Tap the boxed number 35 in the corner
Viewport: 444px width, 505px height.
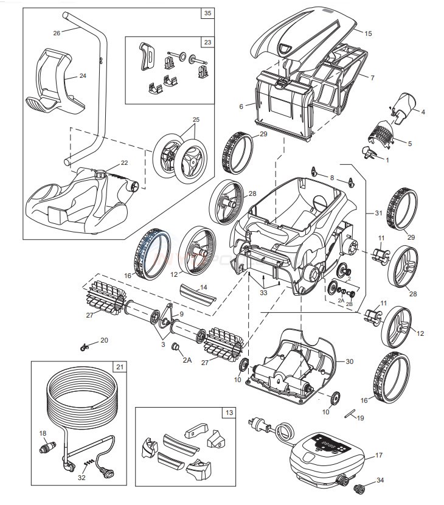tap(208, 12)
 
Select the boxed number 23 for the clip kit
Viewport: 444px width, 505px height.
tap(208, 43)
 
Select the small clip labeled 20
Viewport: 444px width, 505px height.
tap(85, 347)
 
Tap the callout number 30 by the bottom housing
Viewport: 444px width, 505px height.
tap(349, 361)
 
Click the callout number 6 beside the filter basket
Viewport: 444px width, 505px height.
tap(241, 106)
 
